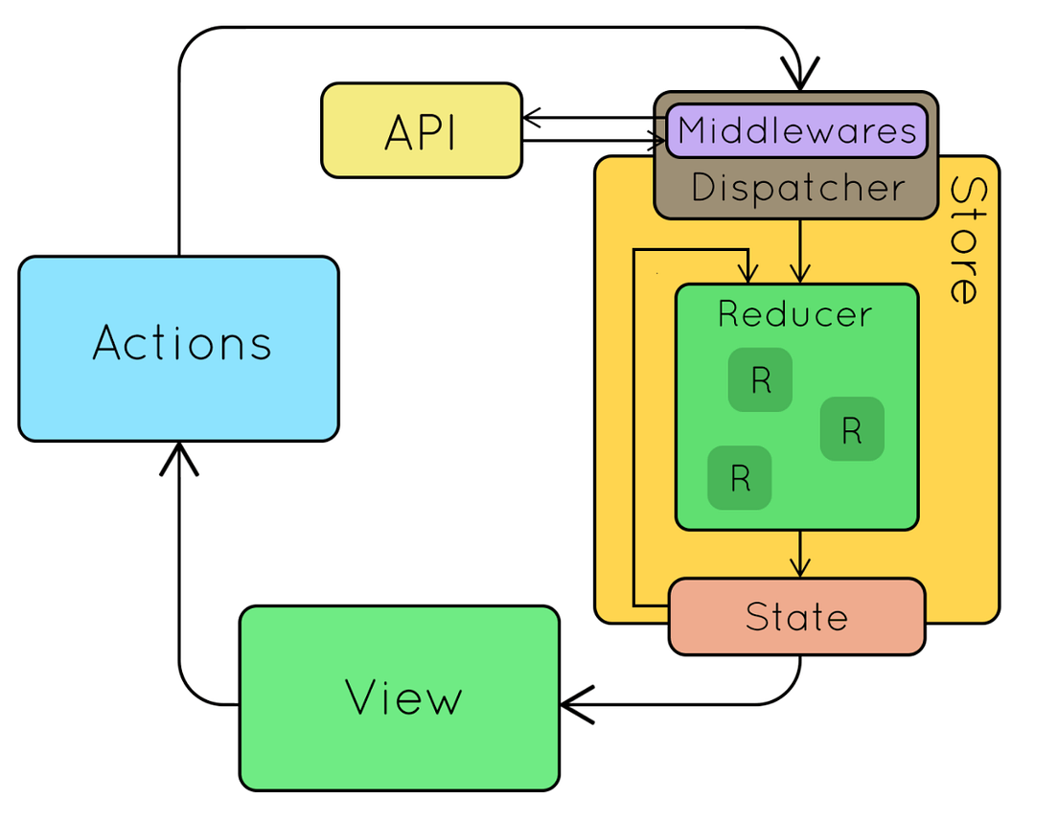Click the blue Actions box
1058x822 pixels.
coord(178,349)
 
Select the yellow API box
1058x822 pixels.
coord(422,131)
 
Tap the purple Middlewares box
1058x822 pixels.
coord(796,130)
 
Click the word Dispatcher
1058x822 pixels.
coord(796,188)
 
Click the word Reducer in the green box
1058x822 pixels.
coord(795,314)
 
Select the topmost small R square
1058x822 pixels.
coord(760,380)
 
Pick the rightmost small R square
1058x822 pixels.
coord(852,429)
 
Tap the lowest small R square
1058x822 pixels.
coord(739,477)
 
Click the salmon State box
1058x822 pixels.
coord(796,617)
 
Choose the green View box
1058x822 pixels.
coord(399,697)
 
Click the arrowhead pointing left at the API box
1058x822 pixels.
coord(532,118)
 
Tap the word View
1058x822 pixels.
coord(403,697)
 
